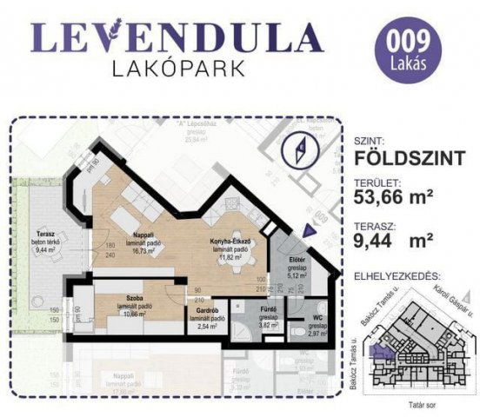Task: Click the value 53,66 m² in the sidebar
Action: (394, 196)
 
